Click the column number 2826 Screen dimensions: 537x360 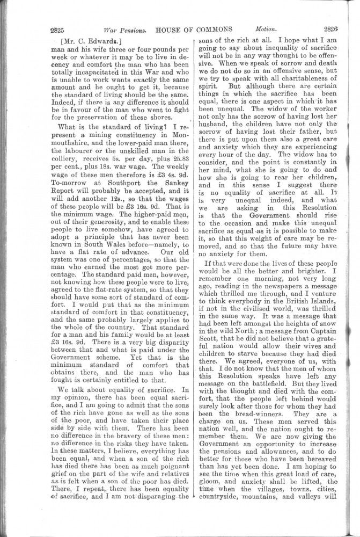(335, 29)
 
